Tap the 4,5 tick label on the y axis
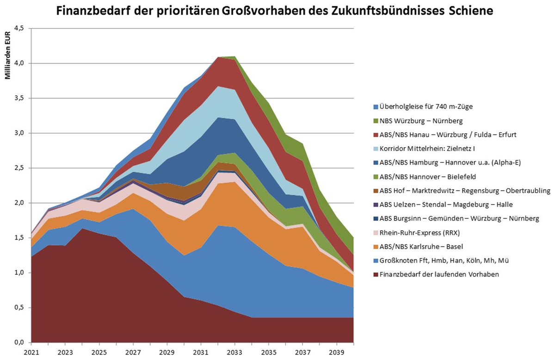pos(19,29)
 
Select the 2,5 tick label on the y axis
pos(19,168)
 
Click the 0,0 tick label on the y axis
pos(19,343)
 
